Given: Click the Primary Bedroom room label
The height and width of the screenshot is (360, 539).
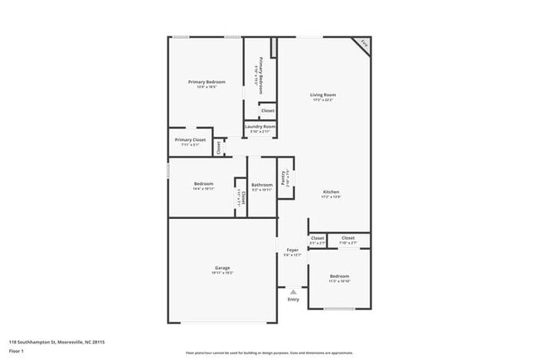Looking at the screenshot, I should [206, 81].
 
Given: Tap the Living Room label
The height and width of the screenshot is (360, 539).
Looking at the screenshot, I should [323, 95].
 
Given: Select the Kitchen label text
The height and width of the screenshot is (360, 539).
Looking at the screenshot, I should [331, 192].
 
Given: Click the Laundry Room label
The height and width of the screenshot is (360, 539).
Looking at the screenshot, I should [260, 126].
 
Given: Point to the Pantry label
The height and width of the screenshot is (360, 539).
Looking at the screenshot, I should [284, 177].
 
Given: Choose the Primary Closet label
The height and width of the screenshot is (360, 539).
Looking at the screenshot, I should [189, 139].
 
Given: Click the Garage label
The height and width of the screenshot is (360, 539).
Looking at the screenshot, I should [222, 268].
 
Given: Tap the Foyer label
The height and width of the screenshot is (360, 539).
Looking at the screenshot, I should [292, 250].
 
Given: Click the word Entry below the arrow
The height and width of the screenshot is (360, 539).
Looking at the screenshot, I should [293, 299].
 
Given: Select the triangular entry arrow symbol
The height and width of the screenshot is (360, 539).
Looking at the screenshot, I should [293, 291].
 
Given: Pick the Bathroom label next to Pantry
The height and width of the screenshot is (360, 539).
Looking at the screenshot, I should [262, 184].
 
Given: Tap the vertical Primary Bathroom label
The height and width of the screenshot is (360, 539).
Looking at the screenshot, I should [260, 73].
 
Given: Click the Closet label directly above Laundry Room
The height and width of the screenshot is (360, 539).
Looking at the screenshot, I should [268, 110].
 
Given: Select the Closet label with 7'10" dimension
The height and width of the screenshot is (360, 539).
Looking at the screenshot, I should [348, 238].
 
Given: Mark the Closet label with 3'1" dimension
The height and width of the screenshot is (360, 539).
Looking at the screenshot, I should [318, 238].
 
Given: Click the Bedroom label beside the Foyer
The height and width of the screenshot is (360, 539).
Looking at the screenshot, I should [339, 275].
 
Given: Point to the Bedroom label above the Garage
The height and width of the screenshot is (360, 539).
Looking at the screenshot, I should [204, 183].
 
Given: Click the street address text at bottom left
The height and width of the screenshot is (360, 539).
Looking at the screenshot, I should [56, 341].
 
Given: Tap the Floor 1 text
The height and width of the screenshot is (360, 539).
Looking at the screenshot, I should [17, 351].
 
